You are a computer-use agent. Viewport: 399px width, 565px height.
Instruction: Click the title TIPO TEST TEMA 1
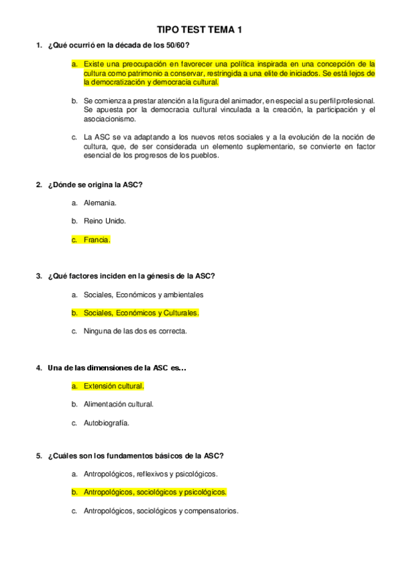199,30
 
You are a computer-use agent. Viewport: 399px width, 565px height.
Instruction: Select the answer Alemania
100,203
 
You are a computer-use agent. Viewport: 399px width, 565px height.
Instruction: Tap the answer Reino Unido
105,221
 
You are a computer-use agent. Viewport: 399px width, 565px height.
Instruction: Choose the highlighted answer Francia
97,240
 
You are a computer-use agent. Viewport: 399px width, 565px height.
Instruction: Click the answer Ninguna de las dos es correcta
135,330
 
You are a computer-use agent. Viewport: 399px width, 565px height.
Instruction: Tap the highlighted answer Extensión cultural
113,385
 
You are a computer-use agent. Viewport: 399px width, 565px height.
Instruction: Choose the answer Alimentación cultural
119,404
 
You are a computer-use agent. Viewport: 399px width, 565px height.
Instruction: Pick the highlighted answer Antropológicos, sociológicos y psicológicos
155,492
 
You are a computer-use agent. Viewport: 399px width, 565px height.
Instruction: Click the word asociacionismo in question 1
109,119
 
